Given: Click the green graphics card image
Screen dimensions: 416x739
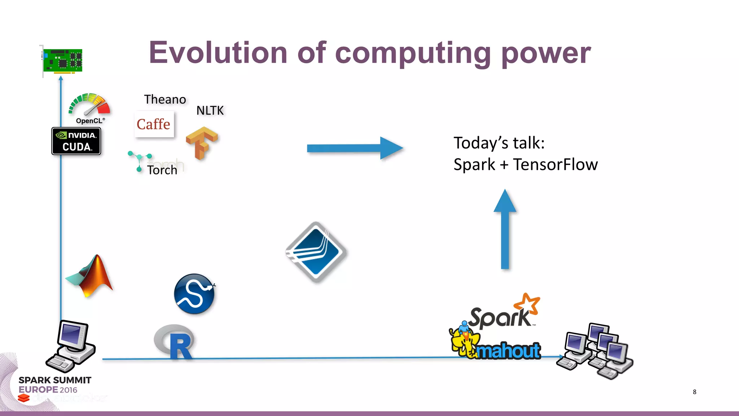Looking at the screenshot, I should point(62,60).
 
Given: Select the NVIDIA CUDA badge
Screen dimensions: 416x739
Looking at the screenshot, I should point(76,141).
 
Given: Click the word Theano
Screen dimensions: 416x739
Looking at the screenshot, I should point(165,99).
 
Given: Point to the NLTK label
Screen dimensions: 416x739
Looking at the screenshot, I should point(210,110).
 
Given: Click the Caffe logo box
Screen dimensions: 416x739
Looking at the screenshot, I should point(154,124).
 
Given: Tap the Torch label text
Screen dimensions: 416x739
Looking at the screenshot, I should point(162,170).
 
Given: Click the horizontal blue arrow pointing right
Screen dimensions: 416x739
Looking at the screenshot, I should point(354,148).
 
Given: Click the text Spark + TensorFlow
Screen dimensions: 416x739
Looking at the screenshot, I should point(525,165).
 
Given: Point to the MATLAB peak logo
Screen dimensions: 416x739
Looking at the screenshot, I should point(91,276).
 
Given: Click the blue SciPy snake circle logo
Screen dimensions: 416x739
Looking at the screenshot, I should point(194,294).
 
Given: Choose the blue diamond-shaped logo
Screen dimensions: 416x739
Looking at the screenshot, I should point(316,252).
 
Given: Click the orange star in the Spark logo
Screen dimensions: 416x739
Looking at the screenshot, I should point(528,303).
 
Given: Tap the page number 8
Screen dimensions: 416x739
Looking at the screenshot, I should point(694,392).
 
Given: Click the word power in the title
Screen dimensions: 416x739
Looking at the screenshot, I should point(546,53).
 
